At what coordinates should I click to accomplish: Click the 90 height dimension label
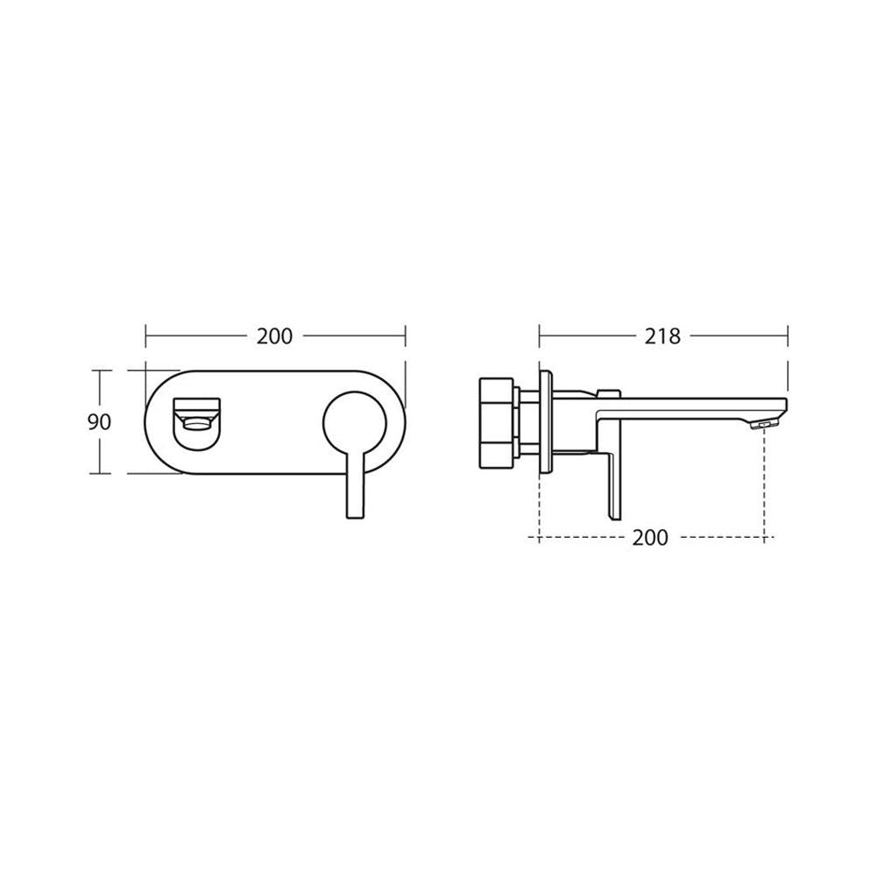click(100, 422)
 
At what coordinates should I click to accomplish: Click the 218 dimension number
click(662, 336)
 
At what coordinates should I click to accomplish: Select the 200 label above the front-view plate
click(274, 336)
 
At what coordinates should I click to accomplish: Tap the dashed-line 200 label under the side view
click(650, 538)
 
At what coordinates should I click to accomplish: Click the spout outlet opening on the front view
click(197, 423)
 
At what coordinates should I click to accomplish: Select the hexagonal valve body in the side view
click(497, 422)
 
